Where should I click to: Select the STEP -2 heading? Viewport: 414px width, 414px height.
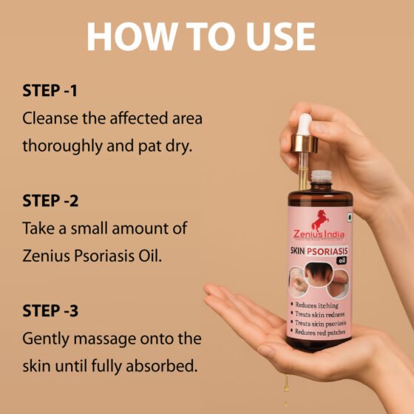(x=50, y=200)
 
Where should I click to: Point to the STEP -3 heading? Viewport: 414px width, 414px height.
(x=50, y=309)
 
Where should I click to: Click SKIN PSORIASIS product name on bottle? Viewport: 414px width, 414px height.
(x=319, y=250)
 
